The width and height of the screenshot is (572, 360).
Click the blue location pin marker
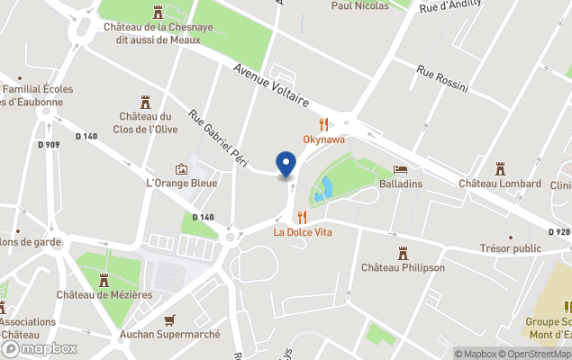(x=286, y=165)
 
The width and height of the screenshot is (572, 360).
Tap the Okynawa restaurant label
(x=323, y=140)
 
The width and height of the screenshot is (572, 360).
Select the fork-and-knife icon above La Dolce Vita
(x=302, y=217)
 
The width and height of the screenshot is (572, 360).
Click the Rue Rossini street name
(x=442, y=78)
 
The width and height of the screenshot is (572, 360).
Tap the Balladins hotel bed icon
(x=401, y=169)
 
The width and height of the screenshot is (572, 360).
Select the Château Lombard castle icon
(x=499, y=168)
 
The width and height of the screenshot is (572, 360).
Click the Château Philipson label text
(x=402, y=267)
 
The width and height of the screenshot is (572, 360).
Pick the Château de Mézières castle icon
(x=104, y=279)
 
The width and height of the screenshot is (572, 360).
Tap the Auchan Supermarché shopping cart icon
(x=170, y=319)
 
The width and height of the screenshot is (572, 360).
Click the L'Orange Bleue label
(x=182, y=183)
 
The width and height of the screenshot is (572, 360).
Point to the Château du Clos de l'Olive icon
(x=145, y=102)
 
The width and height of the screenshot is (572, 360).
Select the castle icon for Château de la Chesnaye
(x=159, y=13)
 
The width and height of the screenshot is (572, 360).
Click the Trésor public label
(x=510, y=248)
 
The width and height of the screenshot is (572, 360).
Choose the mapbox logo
(x=40, y=348)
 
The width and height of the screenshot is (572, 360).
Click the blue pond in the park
(x=323, y=190)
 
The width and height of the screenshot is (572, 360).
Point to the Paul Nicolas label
(x=359, y=5)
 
